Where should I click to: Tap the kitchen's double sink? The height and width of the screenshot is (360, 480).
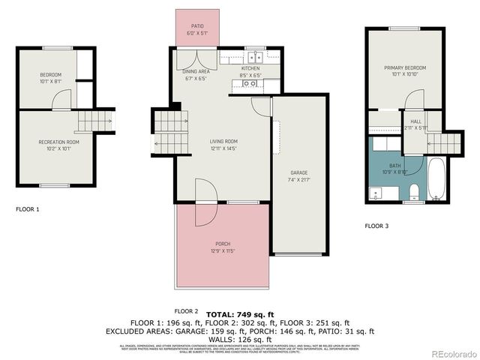click(255, 57)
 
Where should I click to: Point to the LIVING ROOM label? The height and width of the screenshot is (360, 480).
click(223, 145)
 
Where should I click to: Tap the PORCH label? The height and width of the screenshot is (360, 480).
click(223, 247)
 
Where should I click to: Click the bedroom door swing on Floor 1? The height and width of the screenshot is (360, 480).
click(64, 100)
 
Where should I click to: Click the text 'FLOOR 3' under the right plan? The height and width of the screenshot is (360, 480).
click(377, 225)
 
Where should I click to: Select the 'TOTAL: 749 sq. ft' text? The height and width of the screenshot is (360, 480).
click(241, 314)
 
